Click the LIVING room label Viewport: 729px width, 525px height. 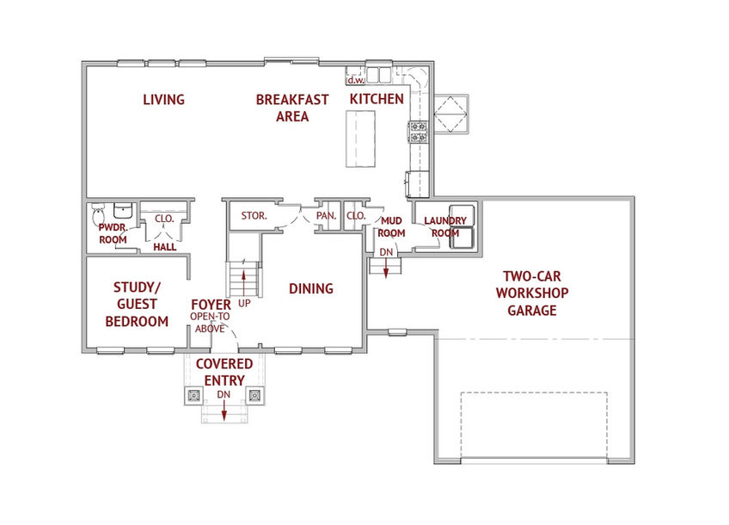(x=163, y=100)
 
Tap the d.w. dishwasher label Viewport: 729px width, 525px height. (x=356, y=80)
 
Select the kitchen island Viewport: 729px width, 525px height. (x=360, y=139)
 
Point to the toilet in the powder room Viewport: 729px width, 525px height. (x=98, y=215)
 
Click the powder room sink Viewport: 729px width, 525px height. (x=123, y=210)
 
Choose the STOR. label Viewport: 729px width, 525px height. (x=254, y=216)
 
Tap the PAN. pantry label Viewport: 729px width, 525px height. (x=326, y=216)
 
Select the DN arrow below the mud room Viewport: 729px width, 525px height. (x=385, y=268)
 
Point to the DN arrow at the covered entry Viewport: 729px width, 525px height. (x=224, y=410)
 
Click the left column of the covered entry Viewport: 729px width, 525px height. (x=193, y=396)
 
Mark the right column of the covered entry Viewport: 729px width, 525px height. (x=254, y=396)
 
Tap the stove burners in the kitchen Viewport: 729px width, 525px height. (x=418, y=132)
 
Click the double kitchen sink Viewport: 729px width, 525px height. (x=379, y=75)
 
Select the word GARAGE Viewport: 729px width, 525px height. (x=532, y=311)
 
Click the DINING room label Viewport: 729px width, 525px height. (x=311, y=289)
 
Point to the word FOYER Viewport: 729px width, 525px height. (x=211, y=305)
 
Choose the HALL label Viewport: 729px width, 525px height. (x=164, y=247)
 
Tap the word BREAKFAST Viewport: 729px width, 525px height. (x=292, y=100)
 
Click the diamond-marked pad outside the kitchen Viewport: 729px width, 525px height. (x=450, y=114)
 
